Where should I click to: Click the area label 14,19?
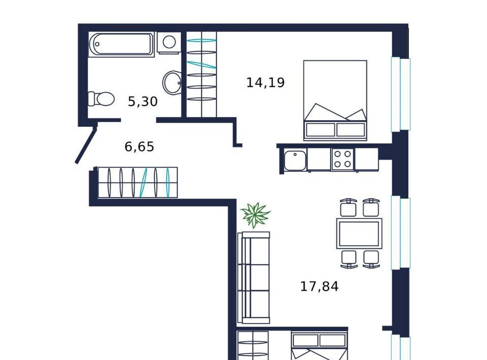point(265,83)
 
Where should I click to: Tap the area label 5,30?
point(143,101)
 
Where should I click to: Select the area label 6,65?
point(139,147)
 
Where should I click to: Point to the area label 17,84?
point(319,286)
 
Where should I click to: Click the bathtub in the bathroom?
point(121,45)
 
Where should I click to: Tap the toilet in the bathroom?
point(101,99)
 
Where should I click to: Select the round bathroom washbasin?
point(172,83)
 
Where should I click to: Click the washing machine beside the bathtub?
point(168,43)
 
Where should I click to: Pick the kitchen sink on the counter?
point(295,160)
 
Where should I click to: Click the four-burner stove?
point(343,159)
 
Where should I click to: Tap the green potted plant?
point(255,215)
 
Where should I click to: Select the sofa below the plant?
point(254,277)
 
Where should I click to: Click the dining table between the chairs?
point(359,233)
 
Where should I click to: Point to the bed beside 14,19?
point(335,100)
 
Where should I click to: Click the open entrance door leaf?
point(86,143)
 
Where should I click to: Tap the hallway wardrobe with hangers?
point(137,182)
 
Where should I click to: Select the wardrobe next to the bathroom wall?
point(201,74)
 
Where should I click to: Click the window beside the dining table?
point(401,233)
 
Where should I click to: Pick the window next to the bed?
point(401,94)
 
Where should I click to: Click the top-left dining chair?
point(348,207)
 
